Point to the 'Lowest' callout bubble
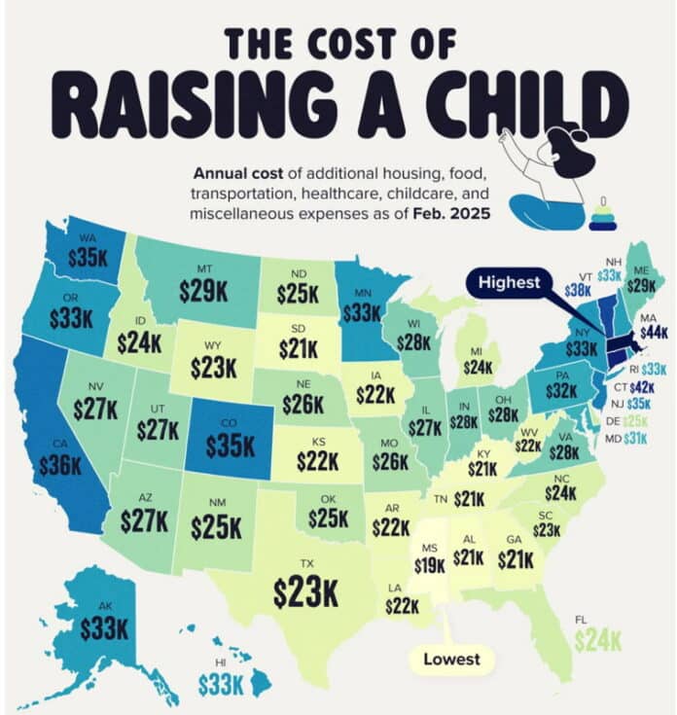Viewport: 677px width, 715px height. (x=451, y=659)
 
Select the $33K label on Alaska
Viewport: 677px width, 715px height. (x=103, y=628)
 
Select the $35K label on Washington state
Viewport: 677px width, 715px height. (x=89, y=257)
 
